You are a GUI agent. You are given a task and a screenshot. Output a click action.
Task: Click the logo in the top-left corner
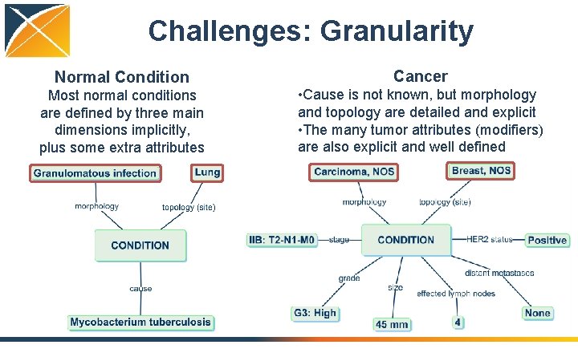(x=36, y=30)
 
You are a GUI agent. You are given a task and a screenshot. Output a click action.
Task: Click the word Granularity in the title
(x=397, y=31)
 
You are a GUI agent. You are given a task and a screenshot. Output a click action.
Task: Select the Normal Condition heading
(x=122, y=77)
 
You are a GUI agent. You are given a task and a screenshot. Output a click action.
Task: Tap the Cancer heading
(x=420, y=76)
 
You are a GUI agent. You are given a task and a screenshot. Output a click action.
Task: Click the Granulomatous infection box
(x=95, y=173)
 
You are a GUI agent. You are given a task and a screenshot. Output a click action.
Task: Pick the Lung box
(x=206, y=172)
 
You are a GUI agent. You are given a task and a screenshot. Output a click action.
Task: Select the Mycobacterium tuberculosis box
(x=140, y=322)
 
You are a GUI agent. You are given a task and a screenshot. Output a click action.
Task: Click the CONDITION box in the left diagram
(x=140, y=245)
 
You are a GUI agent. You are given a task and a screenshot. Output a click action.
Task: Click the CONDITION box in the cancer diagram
(x=405, y=240)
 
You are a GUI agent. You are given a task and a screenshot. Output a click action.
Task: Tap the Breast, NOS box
(x=481, y=171)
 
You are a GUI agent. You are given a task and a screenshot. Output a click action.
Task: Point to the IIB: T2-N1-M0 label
(x=282, y=240)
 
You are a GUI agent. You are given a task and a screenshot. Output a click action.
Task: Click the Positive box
(x=547, y=240)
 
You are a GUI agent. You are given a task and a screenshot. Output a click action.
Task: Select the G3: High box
(x=315, y=313)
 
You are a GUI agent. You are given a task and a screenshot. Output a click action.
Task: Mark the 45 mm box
(x=392, y=324)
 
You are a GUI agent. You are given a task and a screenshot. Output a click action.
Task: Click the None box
(x=537, y=313)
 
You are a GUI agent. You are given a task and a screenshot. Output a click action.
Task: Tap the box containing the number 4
(x=458, y=322)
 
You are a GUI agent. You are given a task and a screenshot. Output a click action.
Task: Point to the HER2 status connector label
(x=490, y=239)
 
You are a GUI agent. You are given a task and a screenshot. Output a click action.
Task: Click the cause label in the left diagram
(x=140, y=289)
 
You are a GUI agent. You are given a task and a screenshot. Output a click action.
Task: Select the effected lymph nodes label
(x=456, y=294)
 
